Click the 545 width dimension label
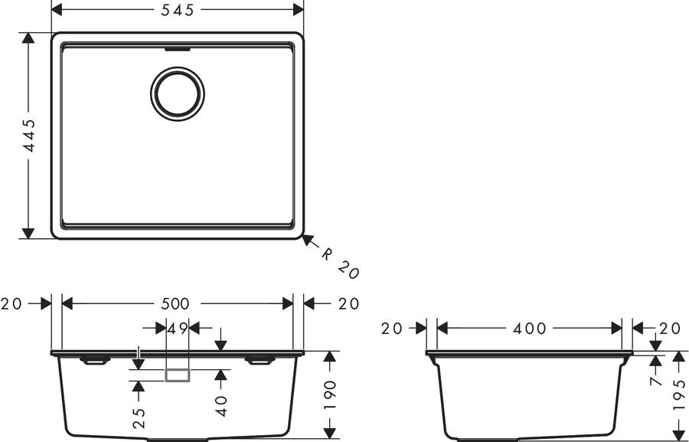coord(177,10)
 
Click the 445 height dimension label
coord(29,136)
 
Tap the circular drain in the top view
coord(178,93)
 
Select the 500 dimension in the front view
coord(175,303)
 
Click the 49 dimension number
coord(178,328)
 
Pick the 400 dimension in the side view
coord(530,328)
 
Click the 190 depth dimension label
coord(330,395)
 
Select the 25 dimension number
coord(139,418)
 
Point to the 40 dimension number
coord(221,405)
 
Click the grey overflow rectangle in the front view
coord(178,375)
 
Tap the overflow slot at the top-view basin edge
coord(178,49)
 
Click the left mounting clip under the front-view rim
coord(95,361)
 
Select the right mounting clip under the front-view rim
coord(260,361)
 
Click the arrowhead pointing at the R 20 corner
coord(308,240)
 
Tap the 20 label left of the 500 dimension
coord(11,303)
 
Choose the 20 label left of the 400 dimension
coord(392,328)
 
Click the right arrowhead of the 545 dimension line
coord(299,10)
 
